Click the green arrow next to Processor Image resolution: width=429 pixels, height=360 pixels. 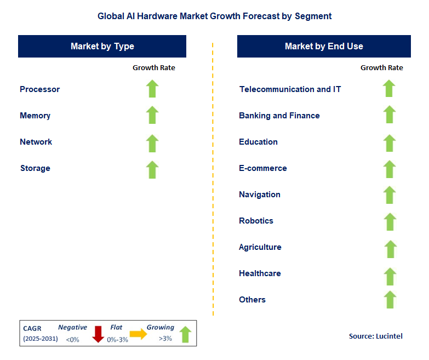(x=152, y=89)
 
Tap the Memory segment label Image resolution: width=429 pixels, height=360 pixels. (x=35, y=116)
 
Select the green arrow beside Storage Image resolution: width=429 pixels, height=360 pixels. (x=152, y=169)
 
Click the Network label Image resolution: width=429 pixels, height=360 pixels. (x=36, y=142)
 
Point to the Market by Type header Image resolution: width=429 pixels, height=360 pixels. (x=102, y=47)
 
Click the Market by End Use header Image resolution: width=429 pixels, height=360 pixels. (x=324, y=47)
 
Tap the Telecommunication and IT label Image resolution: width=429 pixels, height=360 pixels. (x=290, y=89)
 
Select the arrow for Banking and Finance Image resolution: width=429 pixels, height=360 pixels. (x=389, y=115)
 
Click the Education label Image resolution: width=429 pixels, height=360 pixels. (x=258, y=142)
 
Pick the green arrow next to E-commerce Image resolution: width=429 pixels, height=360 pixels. (x=389, y=169)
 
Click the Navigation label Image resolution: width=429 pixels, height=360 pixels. (x=260, y=195)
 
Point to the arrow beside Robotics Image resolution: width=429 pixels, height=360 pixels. (x=390, y=221)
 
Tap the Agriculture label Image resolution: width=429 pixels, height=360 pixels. (x=260, y=247)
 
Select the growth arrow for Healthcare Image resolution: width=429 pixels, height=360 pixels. (x=390, y=276)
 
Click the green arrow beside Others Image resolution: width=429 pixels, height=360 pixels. (x=390, y=300)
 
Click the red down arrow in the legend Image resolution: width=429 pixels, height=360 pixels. (x=99, y=334)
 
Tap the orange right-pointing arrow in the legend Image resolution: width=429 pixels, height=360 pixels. (x=138, y=334)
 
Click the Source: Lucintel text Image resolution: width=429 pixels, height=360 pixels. (x=376, y=336)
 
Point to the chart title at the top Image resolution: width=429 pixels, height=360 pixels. (x=215, y=16)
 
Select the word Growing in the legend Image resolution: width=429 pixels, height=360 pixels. (x=160, y=327)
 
